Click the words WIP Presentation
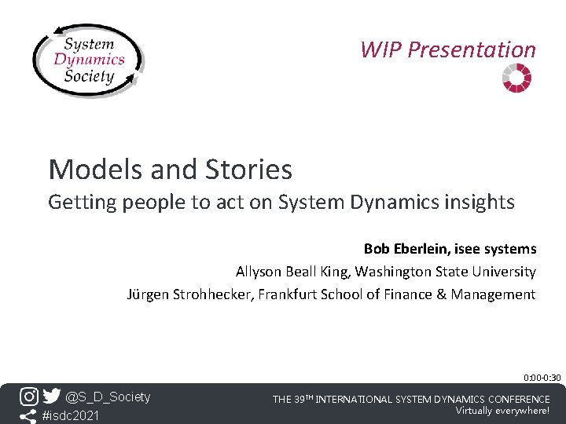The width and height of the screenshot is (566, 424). [447, 49]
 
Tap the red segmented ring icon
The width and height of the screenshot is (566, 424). [516, 78]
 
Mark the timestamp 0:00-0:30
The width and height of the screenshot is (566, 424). [542, 378]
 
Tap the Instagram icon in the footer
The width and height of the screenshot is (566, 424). [28, 397]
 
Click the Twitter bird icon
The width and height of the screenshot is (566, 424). [51, 397]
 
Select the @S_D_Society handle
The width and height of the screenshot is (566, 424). [108, 397]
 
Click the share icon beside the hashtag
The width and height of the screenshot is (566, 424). [28, 415]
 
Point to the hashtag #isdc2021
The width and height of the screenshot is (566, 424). [71, 415]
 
